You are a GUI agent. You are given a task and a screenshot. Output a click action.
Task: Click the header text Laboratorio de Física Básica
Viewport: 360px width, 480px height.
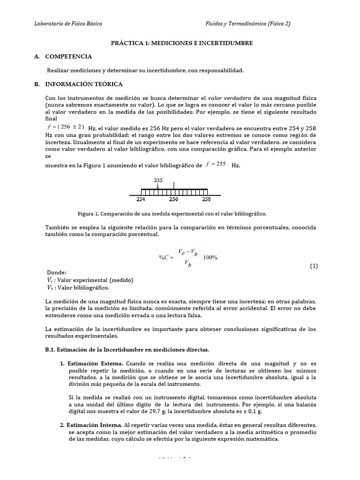click(68, 23)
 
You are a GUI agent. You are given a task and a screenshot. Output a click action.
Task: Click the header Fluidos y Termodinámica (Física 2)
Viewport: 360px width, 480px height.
click(248, 23)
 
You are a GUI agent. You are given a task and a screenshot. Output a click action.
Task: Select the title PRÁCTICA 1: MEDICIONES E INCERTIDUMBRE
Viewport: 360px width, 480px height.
click(181, 43)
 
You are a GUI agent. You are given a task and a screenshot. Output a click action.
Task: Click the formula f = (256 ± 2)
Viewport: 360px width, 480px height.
click(66, 127)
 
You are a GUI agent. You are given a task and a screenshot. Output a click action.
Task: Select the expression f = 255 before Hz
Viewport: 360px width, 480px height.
click(216, 164)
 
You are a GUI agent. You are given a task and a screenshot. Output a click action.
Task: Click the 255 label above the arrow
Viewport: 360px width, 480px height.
click(158, 180)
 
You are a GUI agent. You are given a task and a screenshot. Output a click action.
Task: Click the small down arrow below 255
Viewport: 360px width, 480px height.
click(158, 186)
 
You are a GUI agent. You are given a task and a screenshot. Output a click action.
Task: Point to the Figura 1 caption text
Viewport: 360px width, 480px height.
click(172, 214)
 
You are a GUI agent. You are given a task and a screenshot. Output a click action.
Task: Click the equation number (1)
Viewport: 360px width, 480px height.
click(314, 266)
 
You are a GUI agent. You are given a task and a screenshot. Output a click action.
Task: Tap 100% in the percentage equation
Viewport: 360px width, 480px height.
click(210, 257)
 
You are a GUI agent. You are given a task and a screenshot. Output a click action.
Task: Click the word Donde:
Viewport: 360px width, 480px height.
click(57, 273)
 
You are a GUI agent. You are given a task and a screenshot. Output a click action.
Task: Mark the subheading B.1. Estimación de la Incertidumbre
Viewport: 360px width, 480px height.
click(127, 350)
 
